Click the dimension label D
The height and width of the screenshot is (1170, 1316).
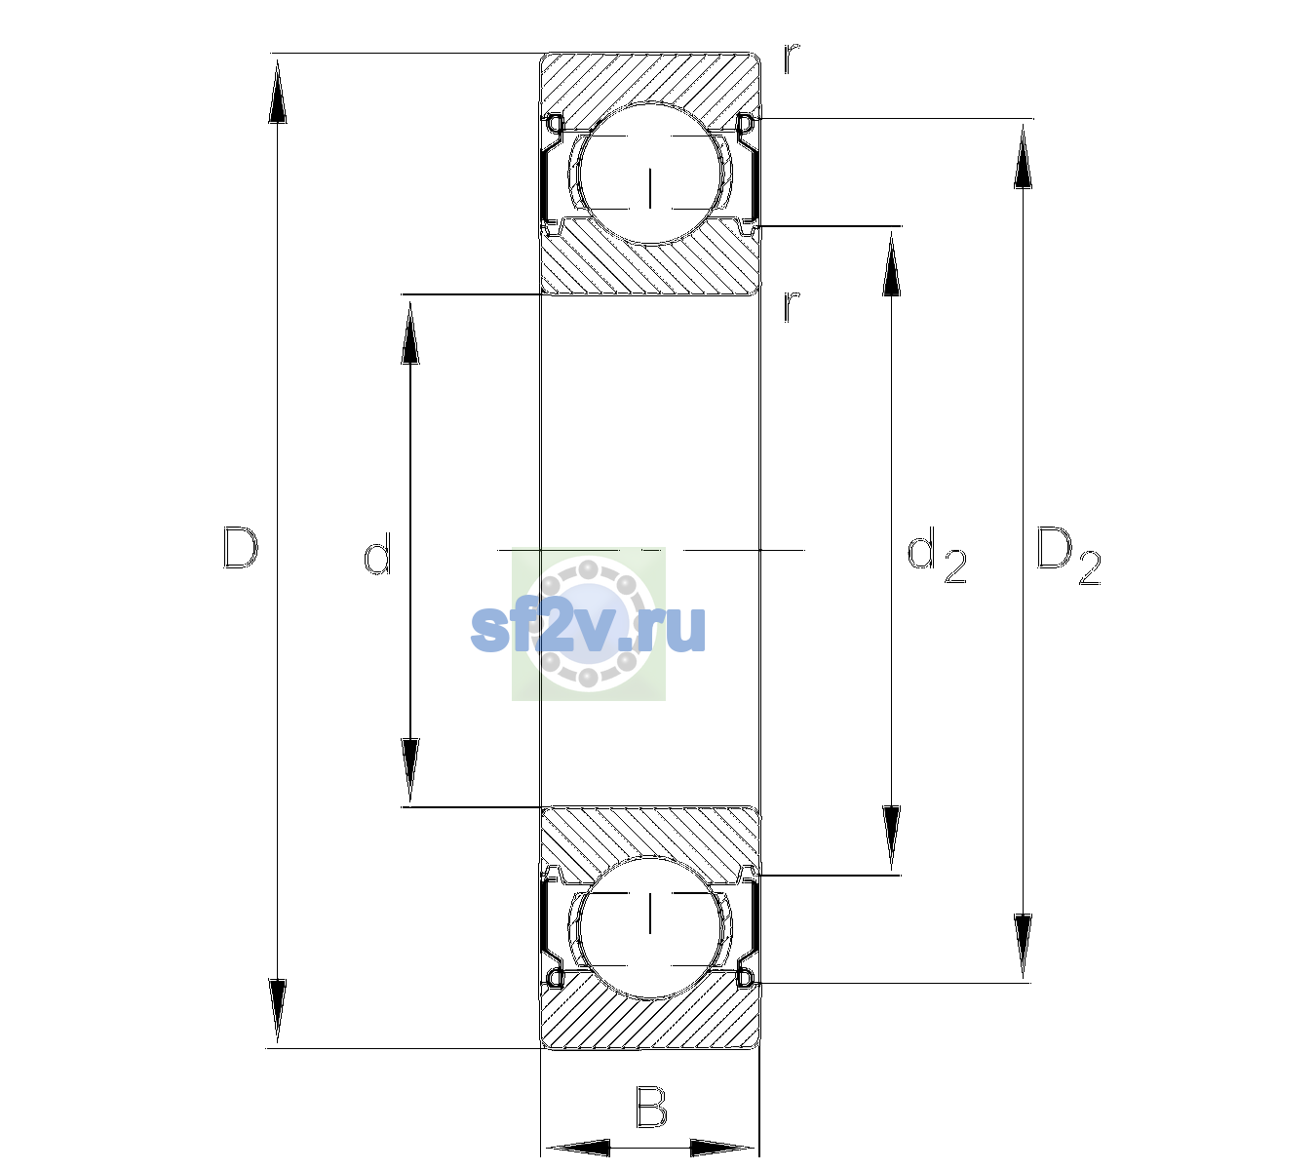[x=241, y=548]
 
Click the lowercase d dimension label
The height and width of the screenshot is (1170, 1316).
[x=377, y=554]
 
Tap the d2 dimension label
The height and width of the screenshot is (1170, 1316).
[x=936, y=556]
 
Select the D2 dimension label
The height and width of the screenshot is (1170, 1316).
[x=1068, y=557]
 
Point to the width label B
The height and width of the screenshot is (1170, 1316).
[x=651, y=1107]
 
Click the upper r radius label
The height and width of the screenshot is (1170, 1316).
[x=791, y=58]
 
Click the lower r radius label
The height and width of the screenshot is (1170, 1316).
[x=791, y=306]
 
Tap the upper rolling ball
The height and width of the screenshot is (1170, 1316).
[x=650, y=174]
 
